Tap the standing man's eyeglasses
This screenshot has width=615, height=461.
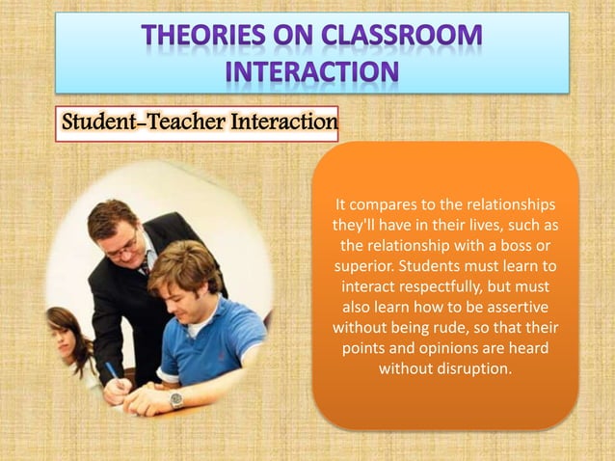pos(121,245)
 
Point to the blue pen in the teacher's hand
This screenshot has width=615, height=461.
pos(110,370)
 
